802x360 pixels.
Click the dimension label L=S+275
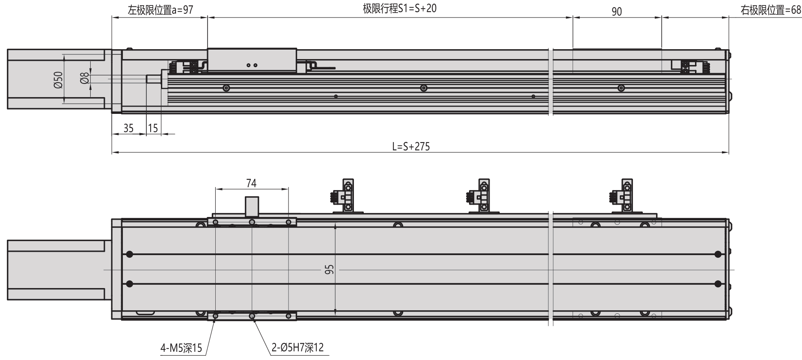click(411, 147)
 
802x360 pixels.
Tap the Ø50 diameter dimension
click(58, 80)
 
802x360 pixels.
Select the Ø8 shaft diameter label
click(84, 78)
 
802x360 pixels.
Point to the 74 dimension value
click(251, 183)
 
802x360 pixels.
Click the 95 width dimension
click(329, 270)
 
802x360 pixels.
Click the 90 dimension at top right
click(616, 12)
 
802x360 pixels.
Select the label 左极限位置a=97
click(160, 10)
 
